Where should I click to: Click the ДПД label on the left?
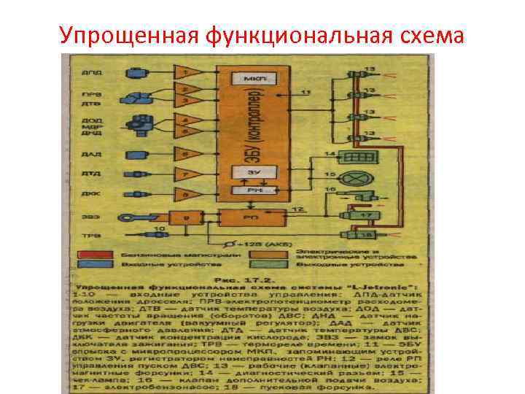pyautogui.click(x=86, y=73)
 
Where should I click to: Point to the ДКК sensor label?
pyautogui.click(x=86, y=195)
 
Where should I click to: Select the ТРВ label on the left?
pyautogui.click(x=86, y=236)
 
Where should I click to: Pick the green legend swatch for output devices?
pyautogui.click(x=280, y=264)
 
